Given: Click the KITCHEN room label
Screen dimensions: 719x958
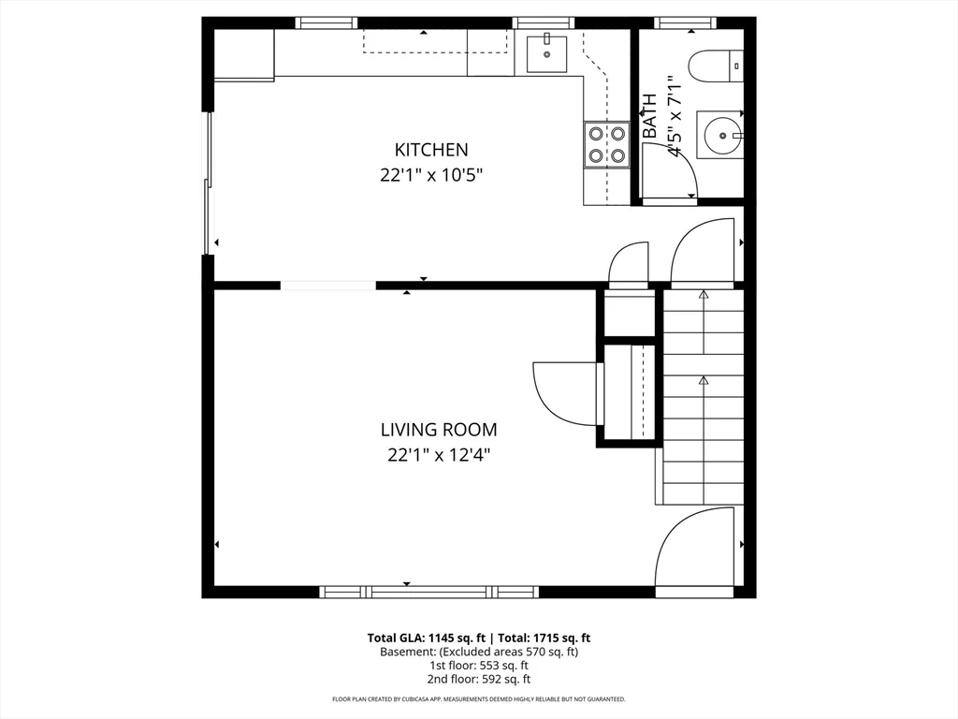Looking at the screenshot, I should [x=431, y=149].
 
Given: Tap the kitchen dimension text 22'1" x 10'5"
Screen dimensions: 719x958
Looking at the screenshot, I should [x=431, y=174].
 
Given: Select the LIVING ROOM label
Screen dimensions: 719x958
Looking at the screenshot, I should [x=438, y=430].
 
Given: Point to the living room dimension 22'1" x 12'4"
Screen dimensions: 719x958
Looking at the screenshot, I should [x=438, y=455].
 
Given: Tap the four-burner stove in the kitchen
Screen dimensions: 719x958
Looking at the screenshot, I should [x=606, y=145].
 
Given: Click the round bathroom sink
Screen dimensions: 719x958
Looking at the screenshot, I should [x=723, y=135].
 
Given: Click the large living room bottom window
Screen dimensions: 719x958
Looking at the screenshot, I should [x=428, y=592].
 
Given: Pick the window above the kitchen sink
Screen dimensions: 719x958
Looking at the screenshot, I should [x=544, y=22].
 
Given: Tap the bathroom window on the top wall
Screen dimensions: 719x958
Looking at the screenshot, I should [x=685, y=22].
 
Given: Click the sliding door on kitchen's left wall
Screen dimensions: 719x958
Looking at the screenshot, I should [x=209, y=183].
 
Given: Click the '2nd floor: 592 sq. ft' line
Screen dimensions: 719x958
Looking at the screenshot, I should [x=479, y=679].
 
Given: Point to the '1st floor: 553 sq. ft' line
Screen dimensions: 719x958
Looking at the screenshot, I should [x=479, y=666].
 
